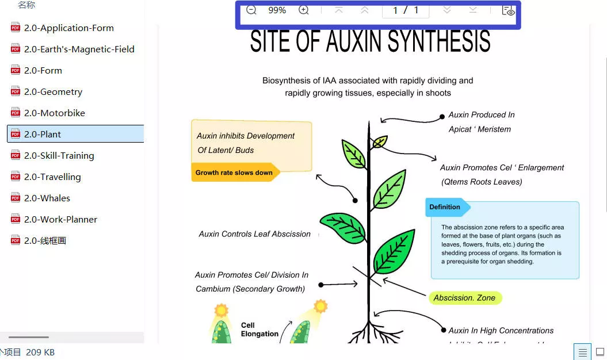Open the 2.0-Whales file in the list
coord(47,198)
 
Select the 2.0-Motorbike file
coord(54,113)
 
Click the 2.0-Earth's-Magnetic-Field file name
coord(79,49)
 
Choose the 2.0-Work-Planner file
coord(60,219)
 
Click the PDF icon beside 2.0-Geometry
coord(16,91)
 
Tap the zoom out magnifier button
coord(251,10)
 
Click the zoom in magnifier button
coord(304,10)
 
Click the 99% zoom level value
coord(277,10)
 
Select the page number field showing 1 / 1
coord(405,10)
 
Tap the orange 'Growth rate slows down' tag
coord(234,173)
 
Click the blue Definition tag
coord(445,207)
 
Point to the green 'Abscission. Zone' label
coord(465,298)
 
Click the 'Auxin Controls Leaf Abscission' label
coord(254,234)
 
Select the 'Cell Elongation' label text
coord(259,330)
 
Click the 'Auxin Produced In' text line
coord(482,114)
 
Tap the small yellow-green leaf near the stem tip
coord(380,141)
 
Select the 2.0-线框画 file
coord(45,240)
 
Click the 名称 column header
coord(26,5)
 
